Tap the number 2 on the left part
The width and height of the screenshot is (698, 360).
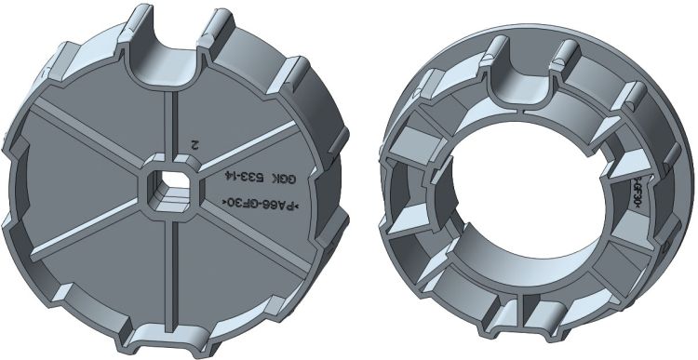coord(194,145)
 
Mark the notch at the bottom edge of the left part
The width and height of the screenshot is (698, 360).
coord(169,339)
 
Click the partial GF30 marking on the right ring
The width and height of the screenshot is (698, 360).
coord(638,192)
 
